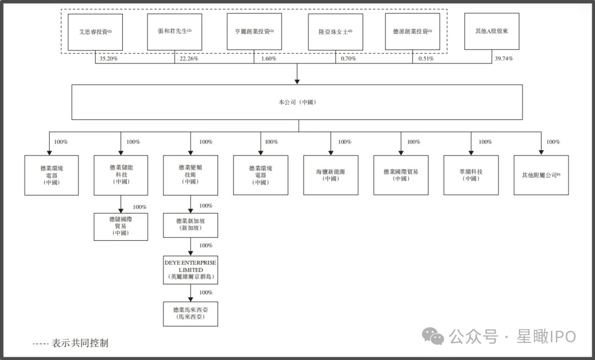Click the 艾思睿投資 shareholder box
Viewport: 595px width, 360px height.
[95, 32]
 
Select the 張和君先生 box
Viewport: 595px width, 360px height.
[175, 32]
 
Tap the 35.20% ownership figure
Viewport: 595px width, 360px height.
[109, 59]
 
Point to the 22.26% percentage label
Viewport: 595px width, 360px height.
[189, 59]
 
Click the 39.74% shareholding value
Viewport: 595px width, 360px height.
[504, 58]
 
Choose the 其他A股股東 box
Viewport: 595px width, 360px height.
[492, 31]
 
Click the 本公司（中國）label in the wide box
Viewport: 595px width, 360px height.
[297, 102]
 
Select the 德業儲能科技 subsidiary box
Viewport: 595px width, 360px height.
[121, 175]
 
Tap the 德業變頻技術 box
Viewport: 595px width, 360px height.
[191, 175]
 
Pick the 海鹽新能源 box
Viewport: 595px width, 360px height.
[331, 175]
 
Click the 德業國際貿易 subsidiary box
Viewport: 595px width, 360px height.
[401, 175]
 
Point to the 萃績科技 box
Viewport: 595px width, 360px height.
[471, 175]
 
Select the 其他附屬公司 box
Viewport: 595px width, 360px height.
[541, 175]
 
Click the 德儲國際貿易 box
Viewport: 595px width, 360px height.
[121, 227]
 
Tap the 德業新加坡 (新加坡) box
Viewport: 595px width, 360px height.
[191, 225]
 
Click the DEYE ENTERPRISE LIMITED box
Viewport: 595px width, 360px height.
[191, 270]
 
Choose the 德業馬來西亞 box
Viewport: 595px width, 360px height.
[191, 314]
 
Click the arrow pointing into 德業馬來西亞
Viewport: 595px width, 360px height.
[191, 293]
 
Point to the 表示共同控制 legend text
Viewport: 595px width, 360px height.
[80, 343]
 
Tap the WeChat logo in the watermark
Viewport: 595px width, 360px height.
[433, 336]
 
